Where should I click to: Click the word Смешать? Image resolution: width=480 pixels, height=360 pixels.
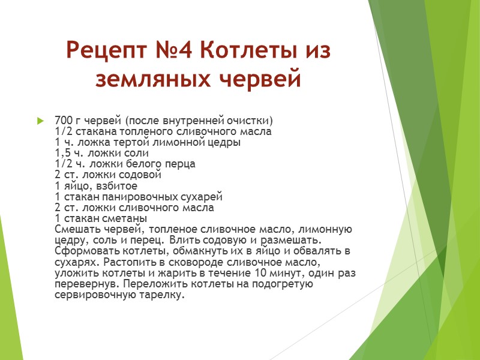coord(75,229)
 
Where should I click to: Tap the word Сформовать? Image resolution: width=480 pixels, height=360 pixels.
coord(81,251)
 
